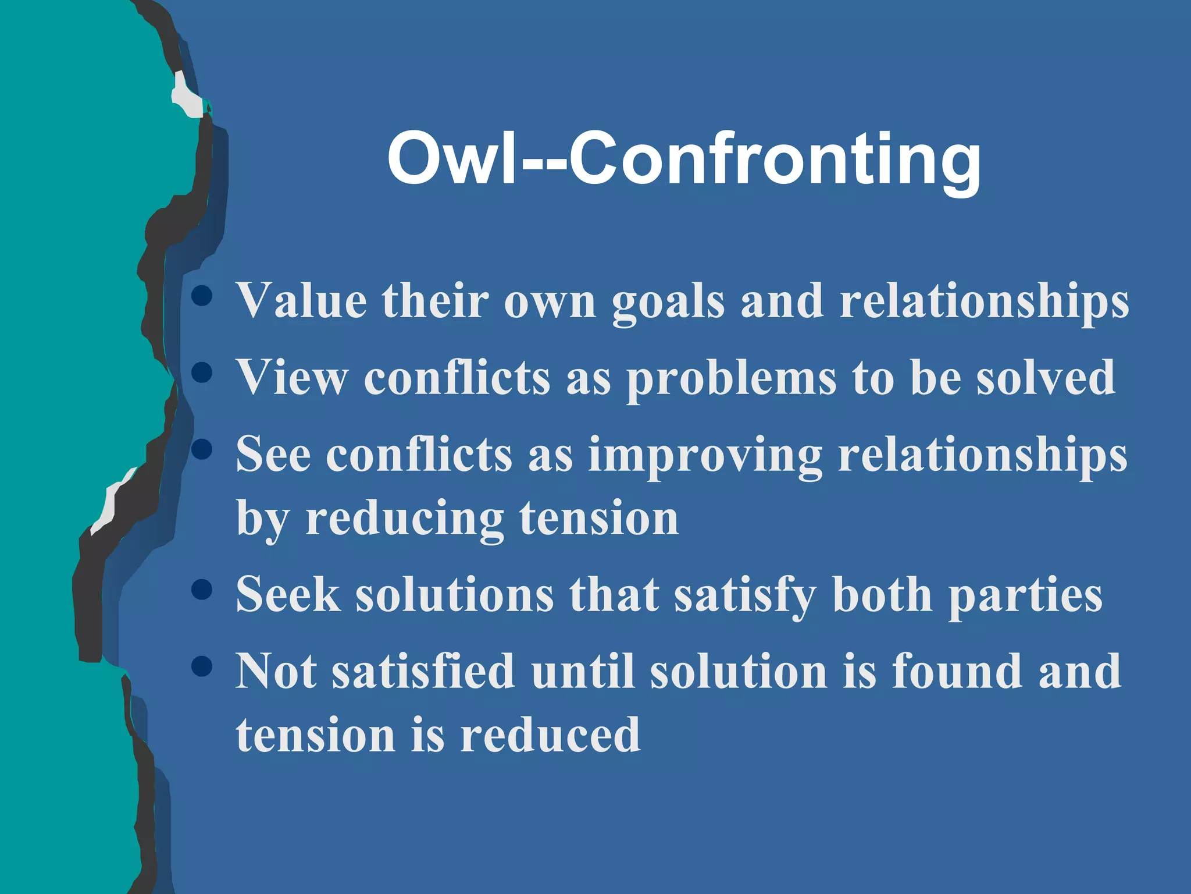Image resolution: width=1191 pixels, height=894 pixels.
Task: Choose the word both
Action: coord(882,594)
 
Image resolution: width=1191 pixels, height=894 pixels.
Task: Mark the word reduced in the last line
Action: coord(550,735)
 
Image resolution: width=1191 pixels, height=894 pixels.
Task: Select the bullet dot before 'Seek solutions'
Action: coord(201,590)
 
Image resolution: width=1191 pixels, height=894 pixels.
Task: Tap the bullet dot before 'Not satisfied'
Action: coord(201,666)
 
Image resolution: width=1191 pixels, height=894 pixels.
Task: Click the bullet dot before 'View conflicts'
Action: coord(201,372)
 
